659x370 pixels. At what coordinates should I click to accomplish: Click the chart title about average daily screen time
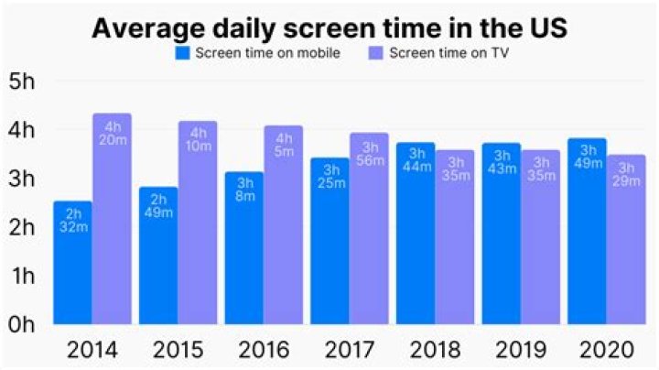[329, 27]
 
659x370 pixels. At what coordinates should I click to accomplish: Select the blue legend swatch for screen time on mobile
[183, 53]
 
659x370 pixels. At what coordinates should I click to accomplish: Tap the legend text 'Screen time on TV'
[449, 53]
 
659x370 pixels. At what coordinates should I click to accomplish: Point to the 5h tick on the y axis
[21, 81]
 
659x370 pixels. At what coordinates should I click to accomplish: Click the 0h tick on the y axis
[21, 323]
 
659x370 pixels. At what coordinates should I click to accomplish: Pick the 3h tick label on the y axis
[21, 178]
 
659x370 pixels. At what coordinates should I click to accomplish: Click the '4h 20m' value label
[113, 134]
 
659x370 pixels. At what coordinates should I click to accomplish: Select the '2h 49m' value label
[158, 208]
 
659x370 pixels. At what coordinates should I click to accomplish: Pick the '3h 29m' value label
[627, 175]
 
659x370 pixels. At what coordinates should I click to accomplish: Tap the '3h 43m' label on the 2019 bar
[502, 163]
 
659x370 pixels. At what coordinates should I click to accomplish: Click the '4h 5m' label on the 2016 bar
[284, 145]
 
